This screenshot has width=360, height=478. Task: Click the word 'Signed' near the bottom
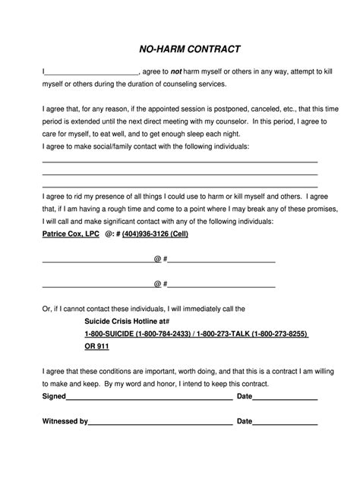click(54, 397)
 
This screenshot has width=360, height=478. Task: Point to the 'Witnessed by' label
click(65, 420)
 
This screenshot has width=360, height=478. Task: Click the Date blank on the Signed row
click(285, 398)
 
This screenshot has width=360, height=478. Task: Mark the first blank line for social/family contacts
click(179, 161)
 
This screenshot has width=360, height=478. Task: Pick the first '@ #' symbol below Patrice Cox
click(159, 259)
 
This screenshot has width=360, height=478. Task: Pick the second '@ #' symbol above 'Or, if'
click(159, 285)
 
